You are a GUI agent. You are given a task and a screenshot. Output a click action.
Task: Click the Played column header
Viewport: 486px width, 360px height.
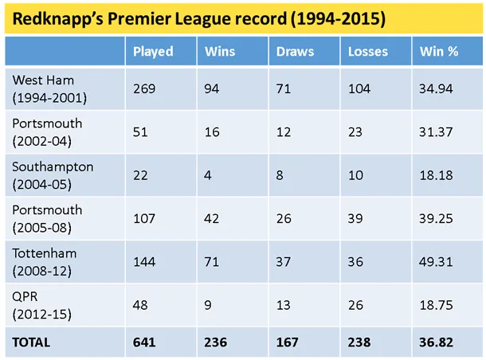(x=153, y=52)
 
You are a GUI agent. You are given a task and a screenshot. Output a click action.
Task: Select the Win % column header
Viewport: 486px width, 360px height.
(x=438, y=52)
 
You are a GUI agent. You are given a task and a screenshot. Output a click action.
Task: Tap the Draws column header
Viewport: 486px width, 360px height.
(x=295, y=52)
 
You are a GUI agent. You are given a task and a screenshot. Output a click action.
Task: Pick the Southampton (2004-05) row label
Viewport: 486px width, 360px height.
(x=53, y=174)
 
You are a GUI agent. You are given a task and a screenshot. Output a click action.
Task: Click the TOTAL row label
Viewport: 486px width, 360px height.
(x=31, y=342)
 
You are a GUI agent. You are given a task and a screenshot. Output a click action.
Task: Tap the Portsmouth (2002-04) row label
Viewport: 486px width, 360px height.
(x=47, y=131)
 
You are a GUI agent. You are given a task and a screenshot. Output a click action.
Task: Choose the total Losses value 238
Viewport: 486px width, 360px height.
(x=359, y=342)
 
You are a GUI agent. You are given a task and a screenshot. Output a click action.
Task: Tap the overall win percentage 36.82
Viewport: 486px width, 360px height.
(x=436, y=342)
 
